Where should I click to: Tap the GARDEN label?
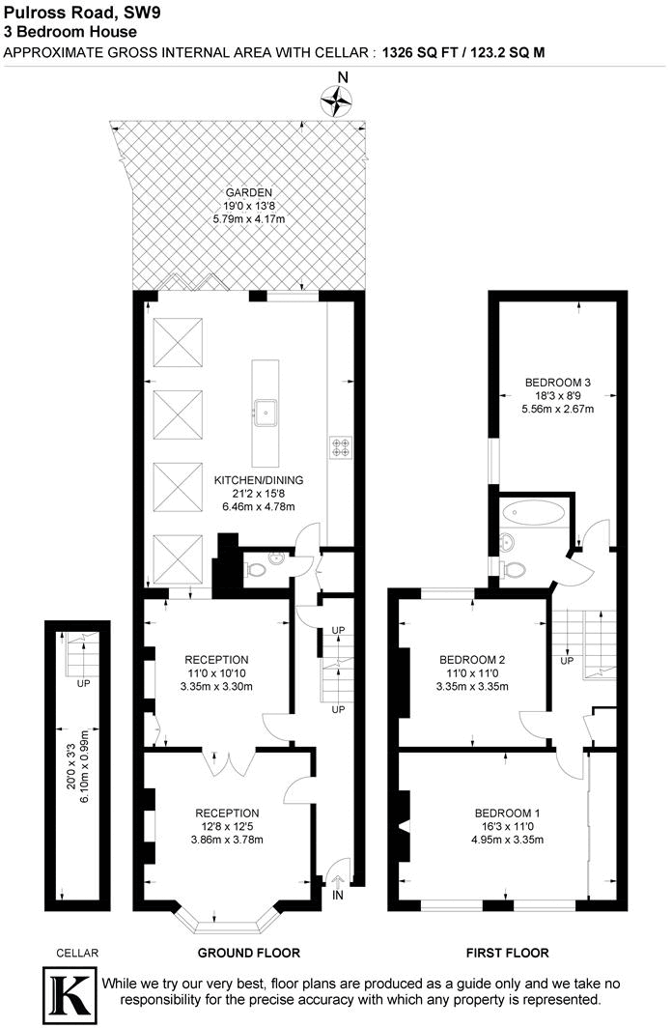[x=249, y=192]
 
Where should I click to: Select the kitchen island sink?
[x=266, y=413]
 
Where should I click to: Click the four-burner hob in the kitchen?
[x=342, y=447]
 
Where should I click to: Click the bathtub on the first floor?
[x=536, y=513]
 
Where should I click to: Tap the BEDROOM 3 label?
[x=558, y=382]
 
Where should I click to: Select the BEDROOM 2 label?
[x=474, y=660]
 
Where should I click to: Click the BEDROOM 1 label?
[x=507, y=813]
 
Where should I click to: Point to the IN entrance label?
[x=338, y=896]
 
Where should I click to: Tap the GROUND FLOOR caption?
[x=249, y=953]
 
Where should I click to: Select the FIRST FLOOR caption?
[x=508, y=953]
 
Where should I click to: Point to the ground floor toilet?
[x=256, y=569]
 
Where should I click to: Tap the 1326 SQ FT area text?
[x=421, y=51]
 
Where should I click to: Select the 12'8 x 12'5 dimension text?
[x=227, y=826]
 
